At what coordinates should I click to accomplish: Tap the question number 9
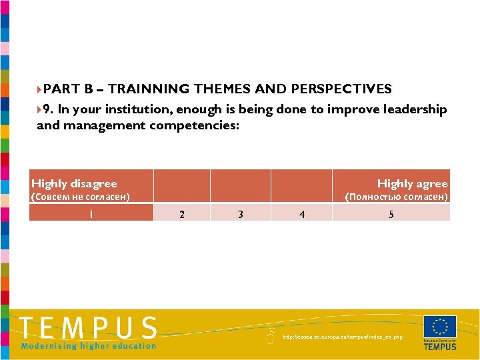coord(47,109)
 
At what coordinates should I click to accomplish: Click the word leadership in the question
coord(413,109)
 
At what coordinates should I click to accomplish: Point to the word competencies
coord(195,125)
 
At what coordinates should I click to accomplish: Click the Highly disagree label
coord(74,183)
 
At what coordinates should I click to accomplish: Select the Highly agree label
coord(412,183)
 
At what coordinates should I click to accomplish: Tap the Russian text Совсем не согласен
coord(81,197)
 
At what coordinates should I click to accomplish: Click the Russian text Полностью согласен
coord(396,197)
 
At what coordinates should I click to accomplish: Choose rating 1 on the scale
coord(91,214)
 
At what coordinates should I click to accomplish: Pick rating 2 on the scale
coord(183,214)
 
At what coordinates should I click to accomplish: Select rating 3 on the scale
coord(240,214)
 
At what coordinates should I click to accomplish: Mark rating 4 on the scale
coord(302,214)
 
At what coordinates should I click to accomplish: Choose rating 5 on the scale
coord(391,214)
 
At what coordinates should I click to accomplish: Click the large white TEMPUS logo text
coord(88,328)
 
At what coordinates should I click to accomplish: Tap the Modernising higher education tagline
coord(89,345)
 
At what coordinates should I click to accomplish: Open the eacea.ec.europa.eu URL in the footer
coord(343,337)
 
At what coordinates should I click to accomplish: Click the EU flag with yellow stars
coord(439,327)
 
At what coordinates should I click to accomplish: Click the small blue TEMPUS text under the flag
coord(440,347)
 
